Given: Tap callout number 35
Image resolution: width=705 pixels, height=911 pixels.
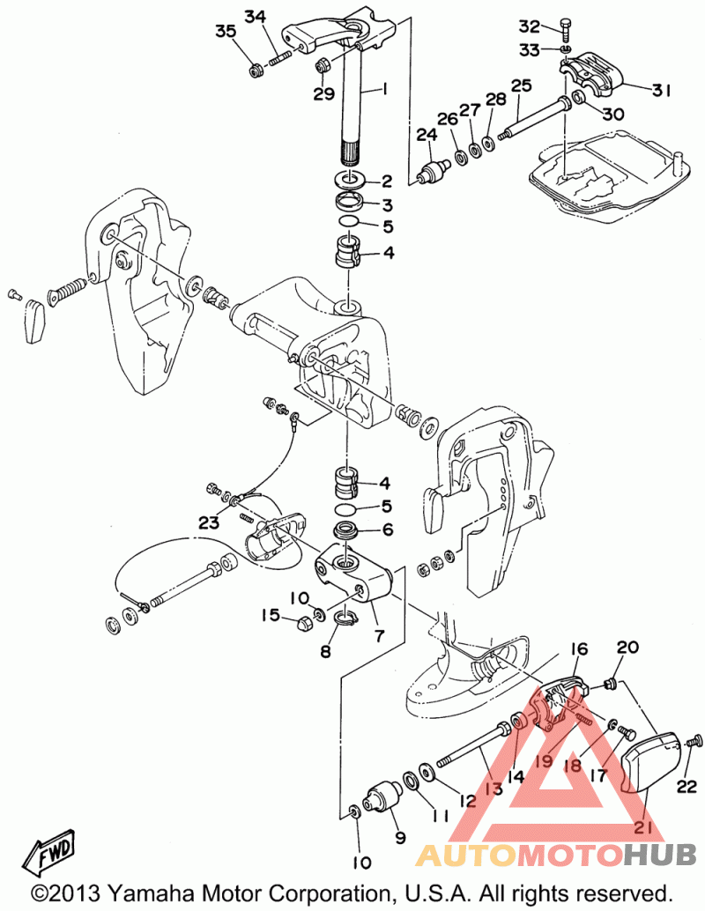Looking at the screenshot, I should click(x=225, y=33).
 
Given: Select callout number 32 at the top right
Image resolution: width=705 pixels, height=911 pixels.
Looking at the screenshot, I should click(x=553, y=25).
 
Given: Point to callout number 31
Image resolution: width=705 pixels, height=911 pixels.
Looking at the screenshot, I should click(x=661, y=89).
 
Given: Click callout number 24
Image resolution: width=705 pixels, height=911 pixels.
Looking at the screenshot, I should click(x=427, y=135).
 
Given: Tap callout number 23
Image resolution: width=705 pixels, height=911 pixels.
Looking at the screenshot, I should click(x=208, y=522).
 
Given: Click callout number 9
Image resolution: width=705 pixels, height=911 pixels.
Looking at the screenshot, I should click(x=401, y=837).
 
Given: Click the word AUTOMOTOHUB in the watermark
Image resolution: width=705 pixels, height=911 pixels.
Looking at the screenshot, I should click(x=555, y=854).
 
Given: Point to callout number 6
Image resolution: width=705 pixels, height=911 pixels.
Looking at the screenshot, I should click(x=384, y=530).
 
